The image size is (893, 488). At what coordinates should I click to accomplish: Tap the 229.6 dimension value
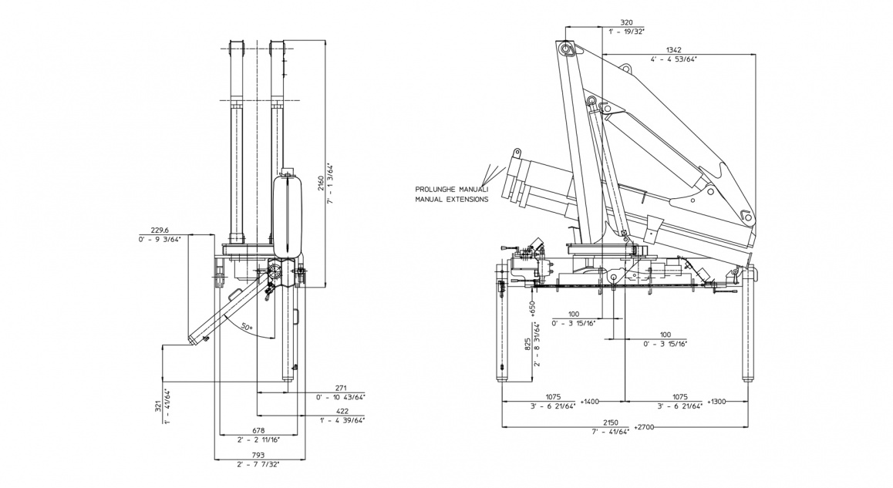[x=160, y=229]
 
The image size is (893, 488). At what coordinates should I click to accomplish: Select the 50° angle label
[x=246, y=327]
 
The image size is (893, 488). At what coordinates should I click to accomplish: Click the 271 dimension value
[x=341, y=387]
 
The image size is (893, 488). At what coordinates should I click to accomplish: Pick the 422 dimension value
[x=341, y=411]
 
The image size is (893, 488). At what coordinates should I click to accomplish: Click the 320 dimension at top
[x=626, y=22]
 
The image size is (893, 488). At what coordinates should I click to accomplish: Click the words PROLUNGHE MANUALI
[x=452, y=189]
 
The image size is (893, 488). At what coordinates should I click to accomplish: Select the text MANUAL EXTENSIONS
[x=452, y=199]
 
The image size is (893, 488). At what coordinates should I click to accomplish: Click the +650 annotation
[x=532, y=307]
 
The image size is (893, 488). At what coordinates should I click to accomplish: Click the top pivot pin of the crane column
[x=568, y=49]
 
